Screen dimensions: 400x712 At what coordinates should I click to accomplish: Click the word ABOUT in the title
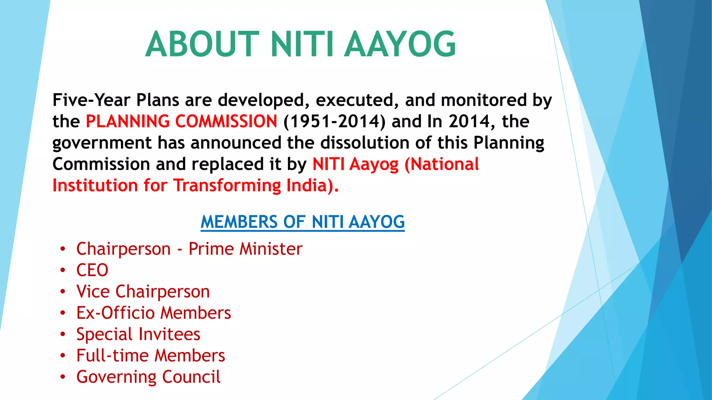[202, 44]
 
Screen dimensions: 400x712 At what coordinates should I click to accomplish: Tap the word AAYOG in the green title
[400, 44]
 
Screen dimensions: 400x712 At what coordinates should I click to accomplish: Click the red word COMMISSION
[226, 121]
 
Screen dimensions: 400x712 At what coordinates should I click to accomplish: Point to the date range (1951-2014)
[334, 121]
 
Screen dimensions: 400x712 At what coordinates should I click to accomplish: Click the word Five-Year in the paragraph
[91, 100]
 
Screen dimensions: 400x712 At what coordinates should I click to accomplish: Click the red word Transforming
[227, 185]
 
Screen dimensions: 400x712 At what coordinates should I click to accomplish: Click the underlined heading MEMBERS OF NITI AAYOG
[302, 222]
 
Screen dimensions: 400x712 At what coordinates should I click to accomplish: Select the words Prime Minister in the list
[245, 249]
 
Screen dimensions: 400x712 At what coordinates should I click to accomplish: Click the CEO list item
[92, 270]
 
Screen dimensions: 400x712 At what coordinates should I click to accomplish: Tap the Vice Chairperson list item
[143, 291]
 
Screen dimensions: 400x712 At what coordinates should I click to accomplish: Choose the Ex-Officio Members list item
[153, 313]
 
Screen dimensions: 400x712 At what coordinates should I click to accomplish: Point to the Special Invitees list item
[138, 334]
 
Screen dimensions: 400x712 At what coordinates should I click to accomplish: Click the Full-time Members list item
[151, 356]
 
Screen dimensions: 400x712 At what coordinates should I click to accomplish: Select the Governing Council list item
[148, 377]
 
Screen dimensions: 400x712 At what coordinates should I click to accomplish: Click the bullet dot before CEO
[63, 270]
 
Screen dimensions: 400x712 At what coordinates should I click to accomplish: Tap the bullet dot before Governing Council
[63, 377]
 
